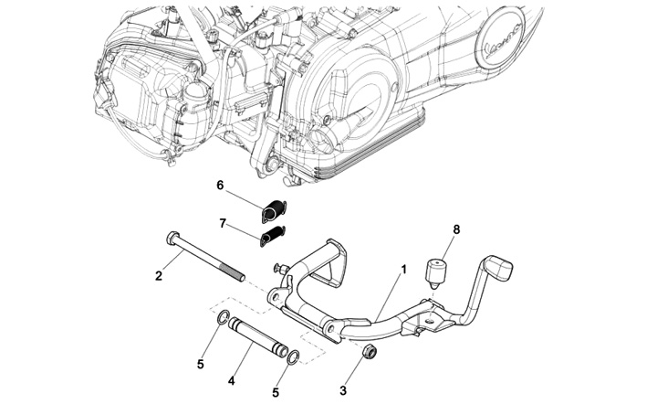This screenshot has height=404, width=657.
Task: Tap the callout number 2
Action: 158,274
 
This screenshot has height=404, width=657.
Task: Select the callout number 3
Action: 343,390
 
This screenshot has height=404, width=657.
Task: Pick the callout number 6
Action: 220,185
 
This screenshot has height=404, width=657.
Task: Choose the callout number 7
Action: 222,224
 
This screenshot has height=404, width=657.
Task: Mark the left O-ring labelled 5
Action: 223,319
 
